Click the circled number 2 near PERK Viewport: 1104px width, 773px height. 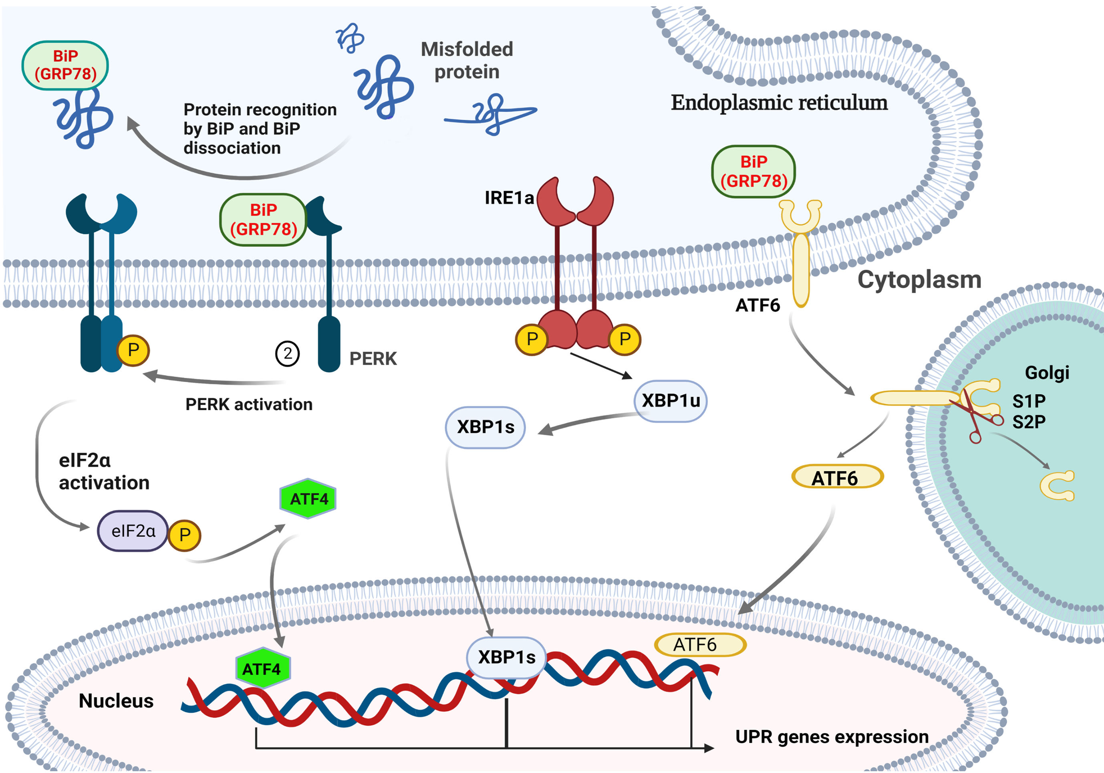pyautogui.click(x=287, y=354)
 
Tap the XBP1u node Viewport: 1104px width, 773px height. pyautogui.click(x=670, y=401)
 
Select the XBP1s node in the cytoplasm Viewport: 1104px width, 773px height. pyautogui.click(x=485, y=427)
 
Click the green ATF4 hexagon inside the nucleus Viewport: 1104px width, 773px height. pyautogui.click(x=262, y=669)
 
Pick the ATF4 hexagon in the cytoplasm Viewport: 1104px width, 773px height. pyautogui.click(x=308, y=499)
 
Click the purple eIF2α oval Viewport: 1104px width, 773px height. pyautogui.click(x=133, y=531)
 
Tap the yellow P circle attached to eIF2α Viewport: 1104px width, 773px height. pyautogui.click(x=185, y=535)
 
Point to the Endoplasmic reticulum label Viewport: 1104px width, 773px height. pyautogui.click(x=779, y=103)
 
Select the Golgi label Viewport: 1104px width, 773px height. pyautogui.click(x=1047, y=373)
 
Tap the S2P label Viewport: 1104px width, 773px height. pyautogui.click(x=1029, y=422)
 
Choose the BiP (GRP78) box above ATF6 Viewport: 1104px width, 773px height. pyautogui.click(x=753, y=172)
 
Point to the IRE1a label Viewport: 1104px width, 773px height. pyautogui.click(x=509, y=198)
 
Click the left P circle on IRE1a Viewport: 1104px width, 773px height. pyautogui.click(x=532, y=339)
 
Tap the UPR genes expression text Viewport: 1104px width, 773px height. pyautogui.click(x=832, y=737)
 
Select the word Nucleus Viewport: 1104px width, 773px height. pyautogui.click(x=116, y=701)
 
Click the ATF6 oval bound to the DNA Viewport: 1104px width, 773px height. pyautogui.click(x=700, y=645)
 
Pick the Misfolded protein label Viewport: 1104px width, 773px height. pyautogui.click(x=467, y=61)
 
